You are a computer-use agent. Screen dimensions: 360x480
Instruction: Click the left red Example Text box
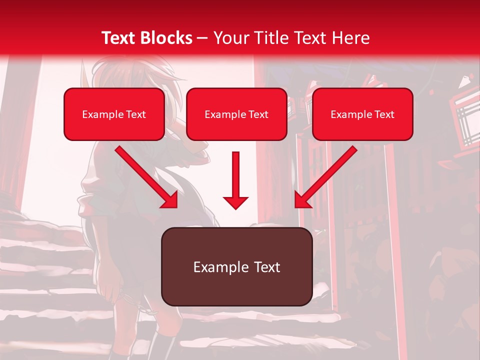114,114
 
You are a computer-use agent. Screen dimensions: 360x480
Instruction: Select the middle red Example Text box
236,114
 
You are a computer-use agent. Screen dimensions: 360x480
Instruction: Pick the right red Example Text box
362,114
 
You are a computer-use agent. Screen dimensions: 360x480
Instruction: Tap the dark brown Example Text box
236,266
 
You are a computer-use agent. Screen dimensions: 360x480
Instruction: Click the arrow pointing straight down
235,180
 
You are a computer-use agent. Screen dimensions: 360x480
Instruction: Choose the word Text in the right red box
384,114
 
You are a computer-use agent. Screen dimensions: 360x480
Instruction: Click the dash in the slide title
202,38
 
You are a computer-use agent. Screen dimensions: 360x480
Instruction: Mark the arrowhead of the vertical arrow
235,202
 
